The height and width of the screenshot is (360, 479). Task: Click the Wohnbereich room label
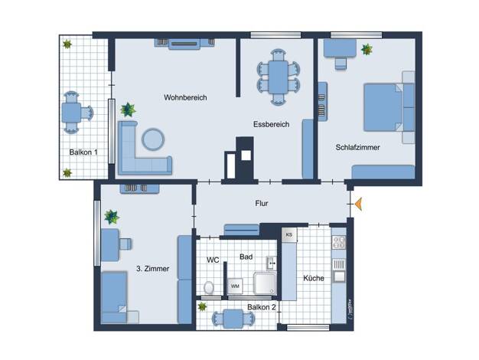[x=185, y=97]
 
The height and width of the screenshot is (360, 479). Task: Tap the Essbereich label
[x=272, y=125]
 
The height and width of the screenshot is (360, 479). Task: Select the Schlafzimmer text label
[x=358, y=147]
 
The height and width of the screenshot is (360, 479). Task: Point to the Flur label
[x=262, y=204]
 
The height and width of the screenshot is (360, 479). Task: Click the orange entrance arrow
[x=359, y=204]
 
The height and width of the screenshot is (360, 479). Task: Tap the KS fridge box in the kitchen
[x=289, y=235]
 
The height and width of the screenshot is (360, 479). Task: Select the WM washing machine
[x=235, y=286]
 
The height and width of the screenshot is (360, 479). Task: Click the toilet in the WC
[x=209, y=287]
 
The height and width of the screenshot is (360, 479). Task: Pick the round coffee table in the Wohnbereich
[x=153, y=139]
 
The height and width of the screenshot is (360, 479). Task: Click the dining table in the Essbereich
[x=278, y=77]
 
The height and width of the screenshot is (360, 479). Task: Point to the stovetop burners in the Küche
[x=339, y=242]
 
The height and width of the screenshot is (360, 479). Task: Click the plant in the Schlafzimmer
[x=367, y=49]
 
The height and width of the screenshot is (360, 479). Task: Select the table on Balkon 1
[x=71, y=113]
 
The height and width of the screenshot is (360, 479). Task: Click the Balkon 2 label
[x=262, y=307]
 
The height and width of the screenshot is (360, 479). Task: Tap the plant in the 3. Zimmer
[x=112, y=217]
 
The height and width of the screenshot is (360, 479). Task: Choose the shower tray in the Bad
[x=265, y=283]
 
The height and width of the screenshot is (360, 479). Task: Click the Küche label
[x=314, y=278]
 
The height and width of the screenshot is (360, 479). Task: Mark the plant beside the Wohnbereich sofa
[x=128, y=110]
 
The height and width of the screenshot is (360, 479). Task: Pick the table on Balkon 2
[x=233, y=319]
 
